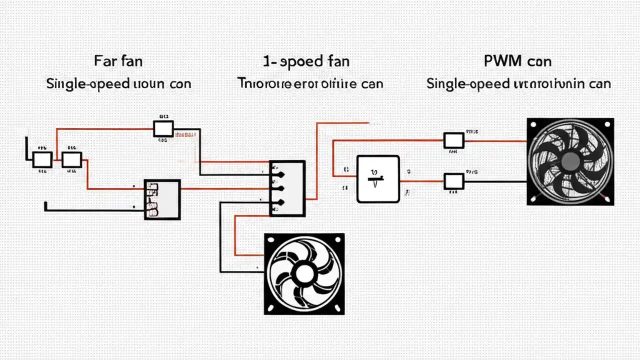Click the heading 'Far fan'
[x=118, y=61]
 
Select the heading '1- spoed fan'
[x=306, y=61]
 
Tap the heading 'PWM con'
[x=517, y=61]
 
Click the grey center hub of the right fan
[x=570, y=161]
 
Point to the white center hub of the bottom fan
[x=303, y=273]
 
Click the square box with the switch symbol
[x=378, y=178]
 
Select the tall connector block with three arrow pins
[x=287, y=188]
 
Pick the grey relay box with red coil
[x=162, y=199]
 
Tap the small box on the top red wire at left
[x=163, y=128]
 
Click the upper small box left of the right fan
[x=454, y=140]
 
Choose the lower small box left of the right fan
[x=454, y=181]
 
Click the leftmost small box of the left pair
[x=42, y=159]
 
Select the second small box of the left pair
[x=71, y=159]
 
